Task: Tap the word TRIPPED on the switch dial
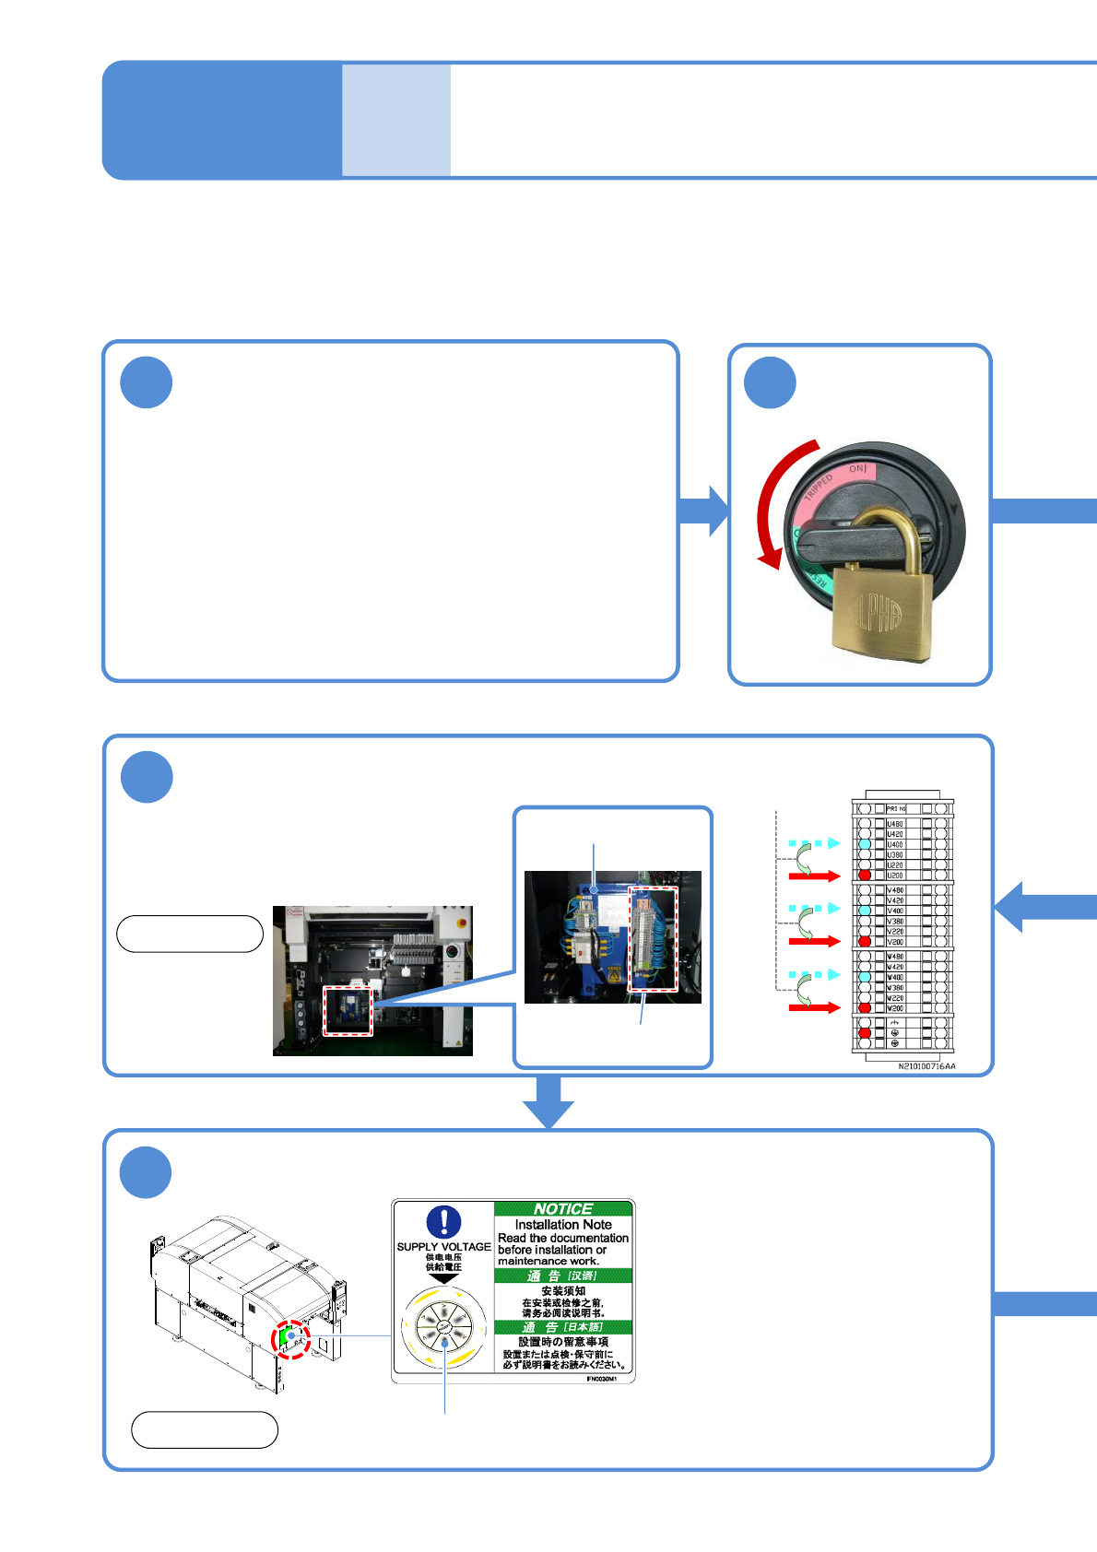coord(818,486)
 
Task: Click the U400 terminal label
coord(895,844)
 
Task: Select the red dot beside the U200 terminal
coord(865,875)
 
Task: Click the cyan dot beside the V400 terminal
coord(865,910)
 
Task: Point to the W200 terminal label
coord(895,1008)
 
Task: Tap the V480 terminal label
coord(895,890)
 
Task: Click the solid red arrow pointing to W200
coord(815,1008)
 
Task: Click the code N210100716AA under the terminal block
coord(926,1066)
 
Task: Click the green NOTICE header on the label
coord(563,1208)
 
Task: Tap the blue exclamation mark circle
coord(443,1222)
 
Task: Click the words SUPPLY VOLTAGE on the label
coord(443,1247)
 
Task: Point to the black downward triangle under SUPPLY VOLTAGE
coord(443,1279)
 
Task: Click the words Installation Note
coord(563,1225)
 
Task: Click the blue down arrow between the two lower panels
coord(548,1101)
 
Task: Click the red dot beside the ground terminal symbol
coord(865,1033)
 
